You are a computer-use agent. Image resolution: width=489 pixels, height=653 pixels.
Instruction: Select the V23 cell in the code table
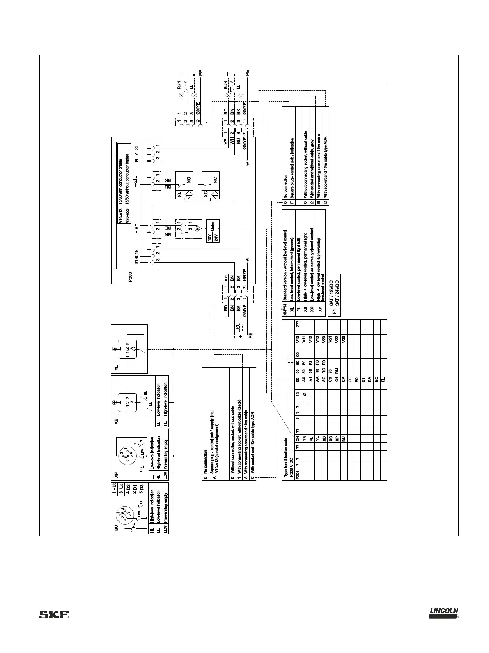coord(343,340)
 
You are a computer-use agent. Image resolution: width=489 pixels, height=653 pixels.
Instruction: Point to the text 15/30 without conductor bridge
coord(127,169)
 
